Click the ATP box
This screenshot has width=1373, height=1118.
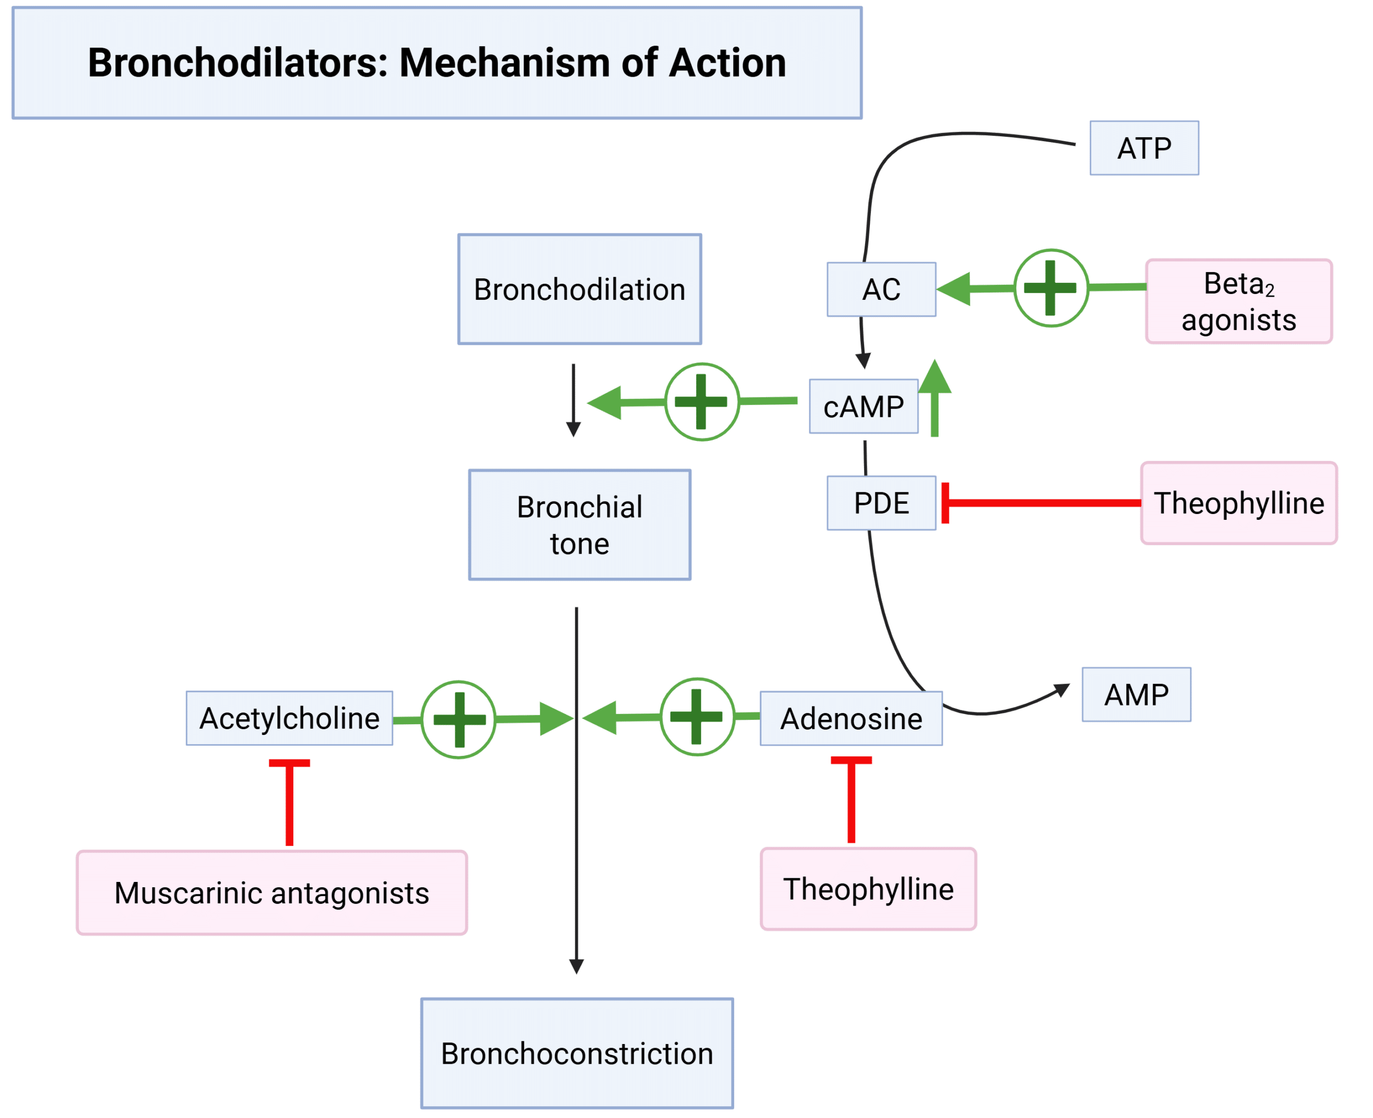(x=1144, y=148)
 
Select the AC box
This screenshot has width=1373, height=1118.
(x=881, y=289)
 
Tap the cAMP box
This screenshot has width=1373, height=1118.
(x=863, y=406)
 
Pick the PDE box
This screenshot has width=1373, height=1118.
(x=881, y=503)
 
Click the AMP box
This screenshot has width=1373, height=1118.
(x=1136, y=694)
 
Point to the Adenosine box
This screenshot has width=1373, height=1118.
(x=851, y=718)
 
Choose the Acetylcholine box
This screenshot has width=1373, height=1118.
(x=289, y=718)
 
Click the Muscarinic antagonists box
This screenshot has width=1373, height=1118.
(x=271, y=893)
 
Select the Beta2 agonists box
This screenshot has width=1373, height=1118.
(x=1238, y=301)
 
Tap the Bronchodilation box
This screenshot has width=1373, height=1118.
(x=579, y=289)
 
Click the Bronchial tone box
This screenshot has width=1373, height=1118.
(x=579, y=525)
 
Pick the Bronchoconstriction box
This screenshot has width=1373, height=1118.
(x=577, y=1054)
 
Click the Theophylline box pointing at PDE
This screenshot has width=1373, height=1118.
(x=1238, y=503)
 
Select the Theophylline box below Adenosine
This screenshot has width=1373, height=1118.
(x=868, y=889)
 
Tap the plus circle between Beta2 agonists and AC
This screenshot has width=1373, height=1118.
(x=1051, y=288)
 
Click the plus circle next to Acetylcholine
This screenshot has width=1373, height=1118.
(x=459, y=719)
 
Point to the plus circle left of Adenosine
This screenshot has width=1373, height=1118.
(x=697, y=717)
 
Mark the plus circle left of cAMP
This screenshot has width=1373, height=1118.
(x=702, y=402)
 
